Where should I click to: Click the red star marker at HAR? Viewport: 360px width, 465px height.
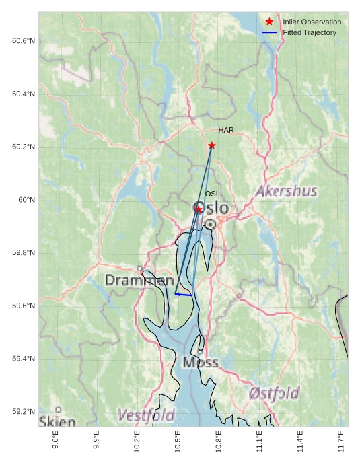[212, 145]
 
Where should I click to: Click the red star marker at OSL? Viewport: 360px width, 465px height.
[199, 209]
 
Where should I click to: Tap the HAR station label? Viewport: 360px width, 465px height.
[226, 130]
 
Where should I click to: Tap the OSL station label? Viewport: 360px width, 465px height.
[213, 194]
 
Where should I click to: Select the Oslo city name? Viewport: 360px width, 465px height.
[211, 208]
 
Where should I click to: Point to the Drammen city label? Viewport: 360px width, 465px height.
[139, 280]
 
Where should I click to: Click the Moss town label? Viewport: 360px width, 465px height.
[201, 363]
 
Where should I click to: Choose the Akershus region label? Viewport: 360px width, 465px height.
[286, 191]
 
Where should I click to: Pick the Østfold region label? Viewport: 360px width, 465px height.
[274, 393]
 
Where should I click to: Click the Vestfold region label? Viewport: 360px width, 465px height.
[146, 415]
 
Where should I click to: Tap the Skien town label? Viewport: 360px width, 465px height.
[57, 421]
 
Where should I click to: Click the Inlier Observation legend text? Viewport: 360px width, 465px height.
[312, 22]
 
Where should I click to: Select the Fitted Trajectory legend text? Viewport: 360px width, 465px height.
[310, 32]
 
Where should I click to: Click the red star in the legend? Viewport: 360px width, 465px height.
[270, 22]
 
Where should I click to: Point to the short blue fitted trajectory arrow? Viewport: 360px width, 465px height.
[183, 295]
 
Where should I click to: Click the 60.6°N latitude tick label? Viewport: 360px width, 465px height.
[24, 41]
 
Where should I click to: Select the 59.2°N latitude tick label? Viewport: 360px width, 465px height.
[24, 412]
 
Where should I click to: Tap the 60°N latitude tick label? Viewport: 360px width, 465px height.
[27, 200]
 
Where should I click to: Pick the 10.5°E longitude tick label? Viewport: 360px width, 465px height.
[178, 441]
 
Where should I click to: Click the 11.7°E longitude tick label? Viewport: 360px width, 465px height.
[341, 441]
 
